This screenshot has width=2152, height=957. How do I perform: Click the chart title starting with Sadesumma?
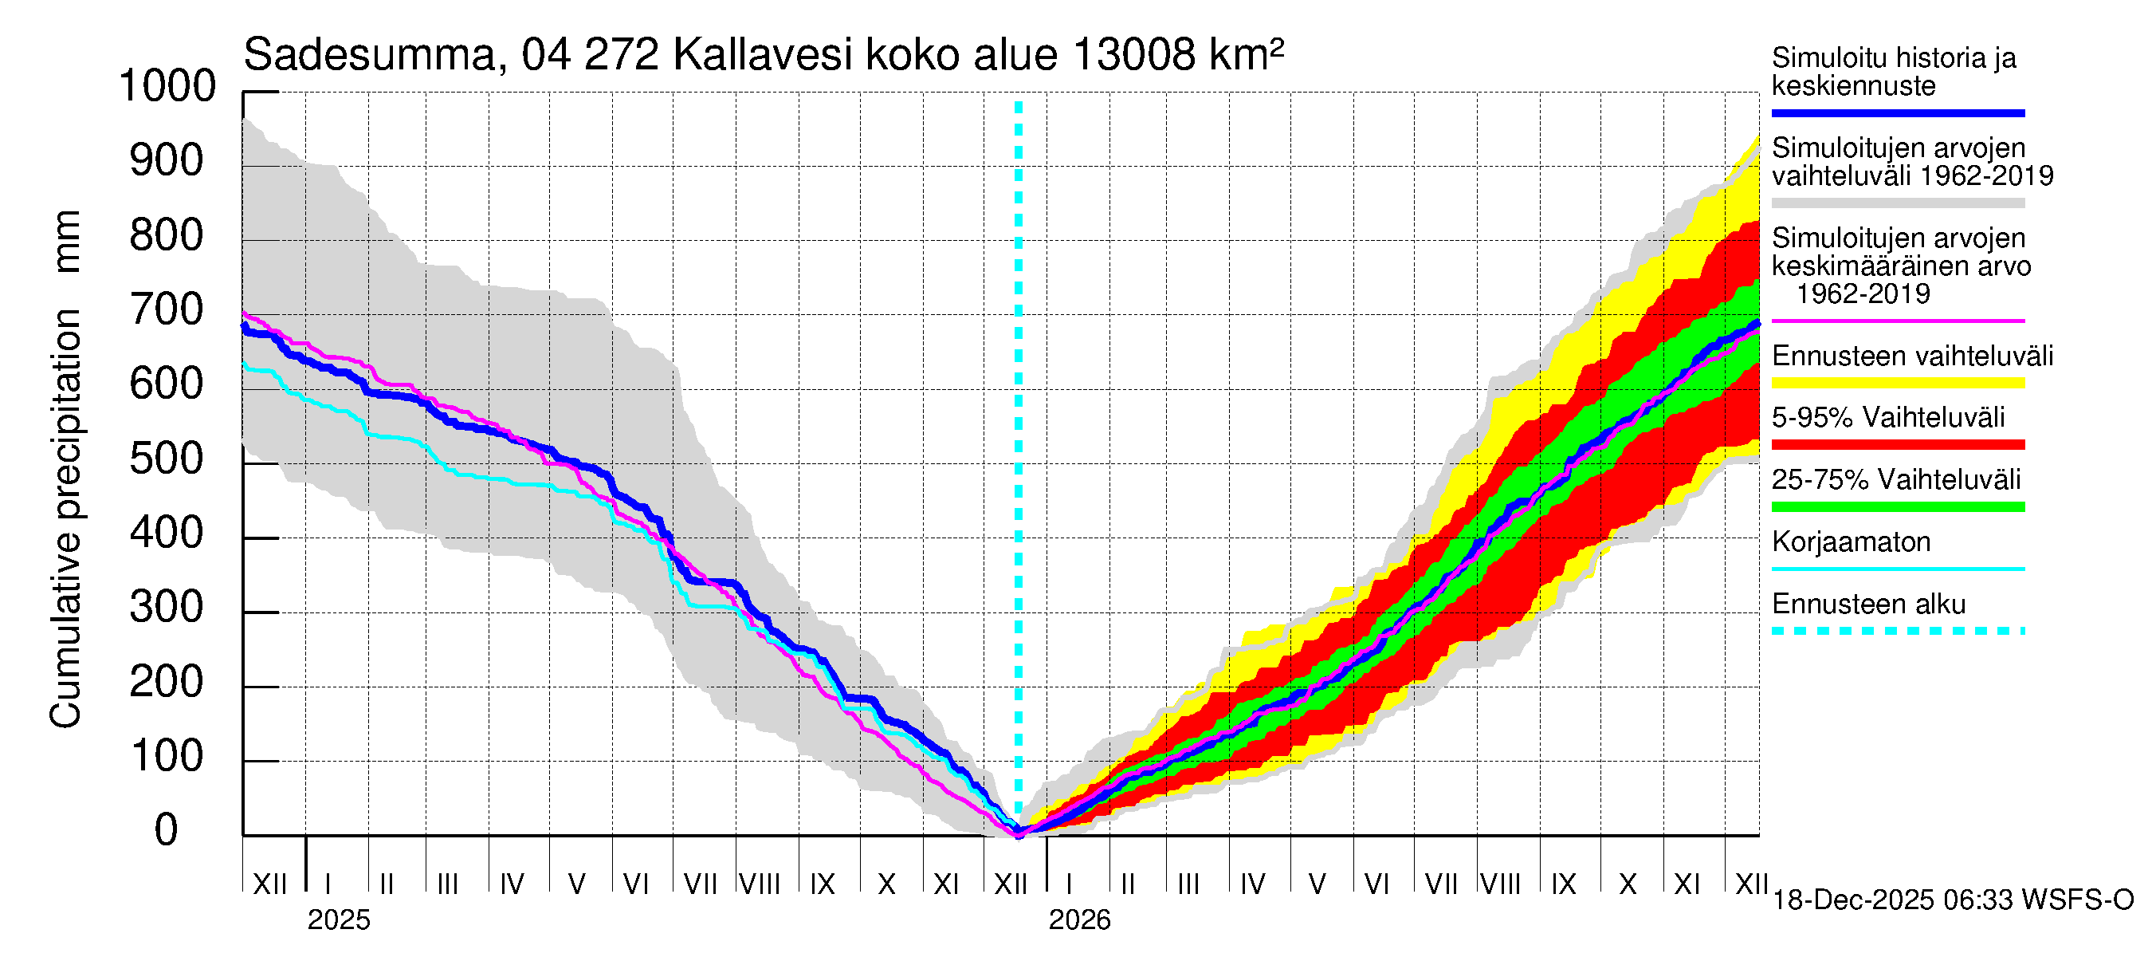pos(763,55)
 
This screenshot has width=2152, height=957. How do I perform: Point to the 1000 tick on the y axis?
pos(168,86)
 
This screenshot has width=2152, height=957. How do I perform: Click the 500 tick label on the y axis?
pos(167,459)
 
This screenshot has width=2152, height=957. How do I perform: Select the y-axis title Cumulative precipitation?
pos(65,468)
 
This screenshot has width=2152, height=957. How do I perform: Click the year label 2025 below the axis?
pos(338,920)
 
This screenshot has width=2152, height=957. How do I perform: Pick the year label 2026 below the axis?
pos(1079,920)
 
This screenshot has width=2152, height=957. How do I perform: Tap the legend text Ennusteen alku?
pos(1869,605)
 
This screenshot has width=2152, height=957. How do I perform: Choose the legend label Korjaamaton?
pos(1852,542)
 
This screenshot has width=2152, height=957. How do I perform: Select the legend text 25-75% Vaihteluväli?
pos(1896,480)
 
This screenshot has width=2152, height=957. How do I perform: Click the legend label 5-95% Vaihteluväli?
pos(1888,418)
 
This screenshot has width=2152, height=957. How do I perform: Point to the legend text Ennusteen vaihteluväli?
pos(1912,356)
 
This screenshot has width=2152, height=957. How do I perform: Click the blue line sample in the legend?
pos(1898,112)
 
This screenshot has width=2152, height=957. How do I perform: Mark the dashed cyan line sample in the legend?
pos(1898,631)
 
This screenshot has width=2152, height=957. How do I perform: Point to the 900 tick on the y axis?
pos(167,160)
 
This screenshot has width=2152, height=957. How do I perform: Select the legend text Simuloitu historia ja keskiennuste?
pos(1894,72)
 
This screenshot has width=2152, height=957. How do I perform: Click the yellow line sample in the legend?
pos(1898,384)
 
